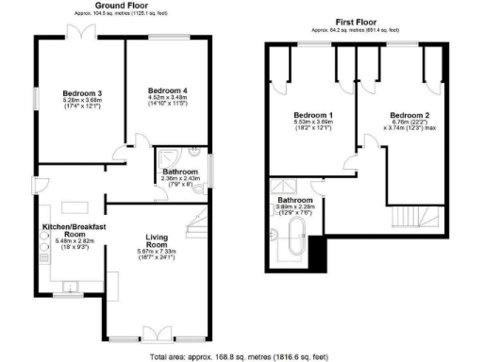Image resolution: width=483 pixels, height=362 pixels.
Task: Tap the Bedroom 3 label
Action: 82,92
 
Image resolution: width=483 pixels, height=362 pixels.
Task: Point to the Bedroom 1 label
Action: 313,116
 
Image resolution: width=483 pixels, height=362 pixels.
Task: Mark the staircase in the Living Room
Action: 194,226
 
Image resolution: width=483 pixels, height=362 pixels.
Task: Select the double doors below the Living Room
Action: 154,334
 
